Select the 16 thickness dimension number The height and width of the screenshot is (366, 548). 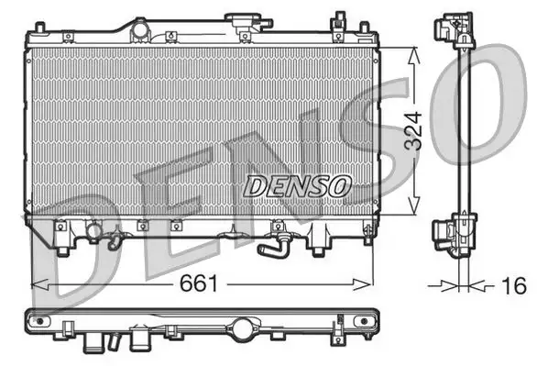(x=516, y=286)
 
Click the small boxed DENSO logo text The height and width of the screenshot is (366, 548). (x=298, y=185)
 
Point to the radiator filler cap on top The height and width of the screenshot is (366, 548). (x=244, y=23)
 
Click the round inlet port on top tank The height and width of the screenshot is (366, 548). (x=139, y=30)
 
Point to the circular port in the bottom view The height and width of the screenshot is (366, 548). (x=243, y=327)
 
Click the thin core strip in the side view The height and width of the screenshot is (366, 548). (x=458, y=128)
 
